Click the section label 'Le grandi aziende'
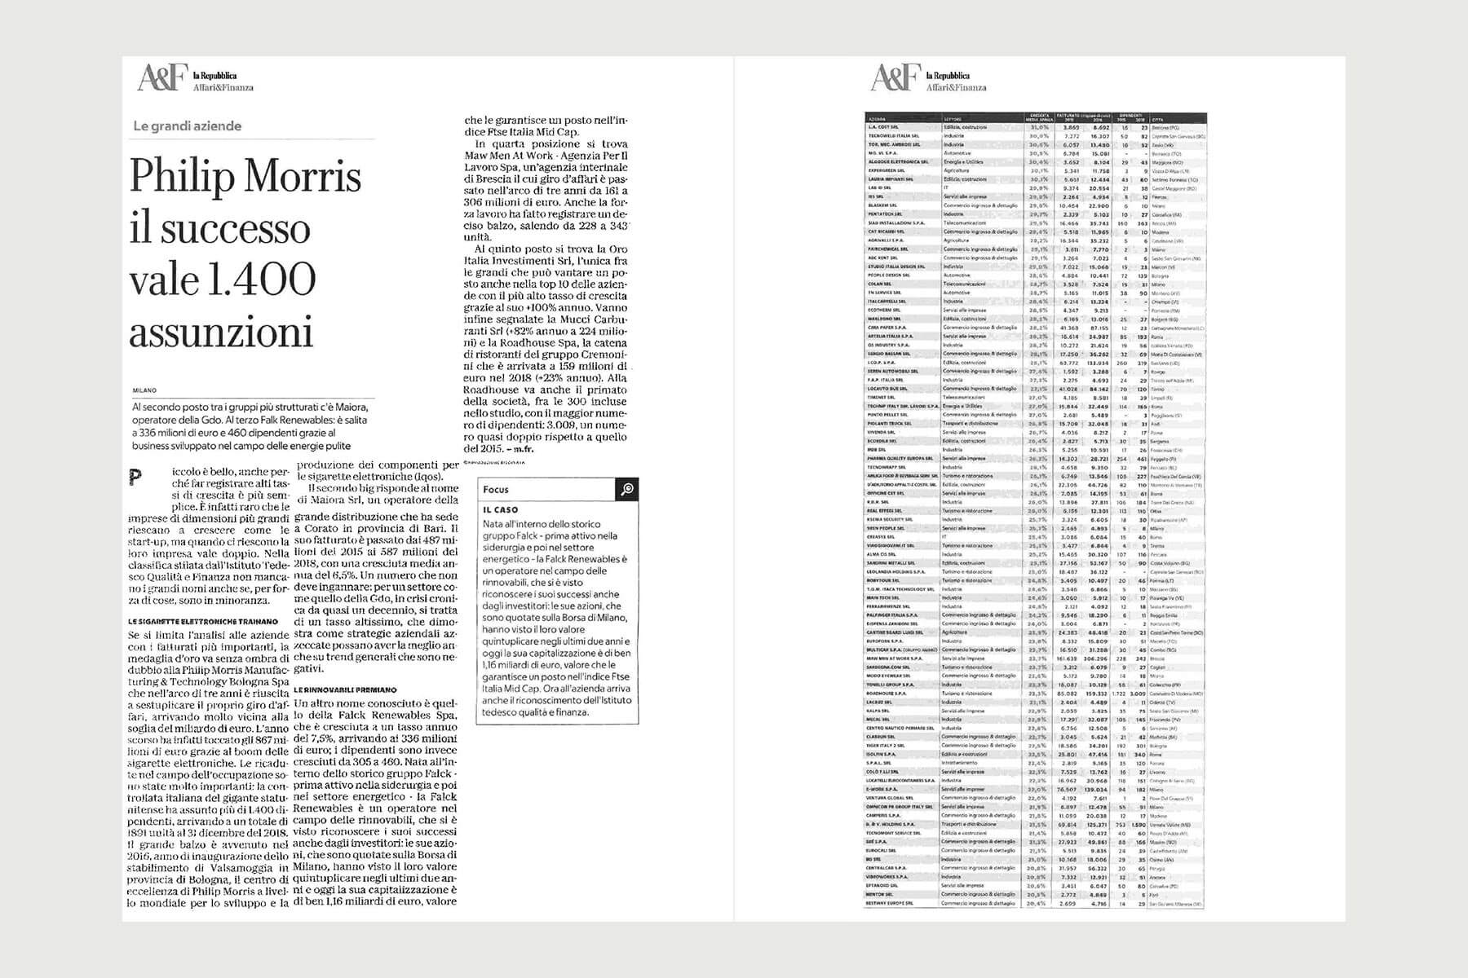188,126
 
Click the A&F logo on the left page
154,79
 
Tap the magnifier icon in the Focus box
626,489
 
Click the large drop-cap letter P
135,478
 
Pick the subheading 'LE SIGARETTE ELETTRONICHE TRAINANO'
203,621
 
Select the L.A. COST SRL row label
882,127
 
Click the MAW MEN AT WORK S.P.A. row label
894,659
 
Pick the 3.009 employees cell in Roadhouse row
1140,694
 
